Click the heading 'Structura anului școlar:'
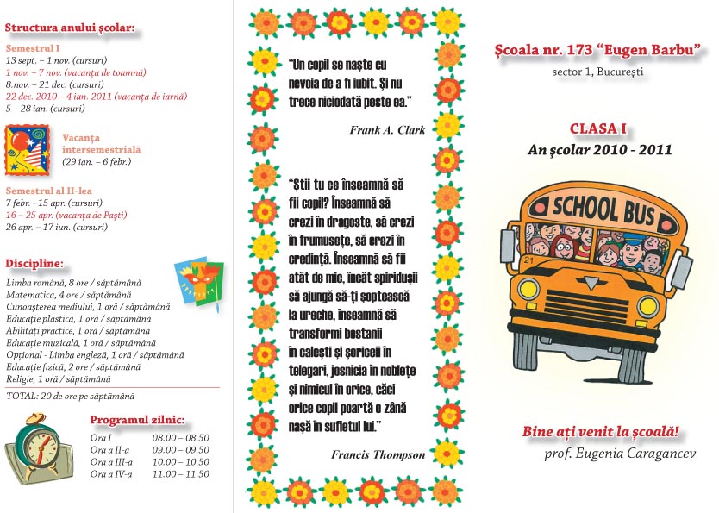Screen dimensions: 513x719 pos(70,28)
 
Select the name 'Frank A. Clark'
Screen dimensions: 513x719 pos(387,130)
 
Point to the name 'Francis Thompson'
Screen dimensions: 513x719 pos(378,454)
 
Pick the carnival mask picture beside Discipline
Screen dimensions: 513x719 pos(199,281)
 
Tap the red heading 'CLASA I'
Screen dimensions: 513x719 pos(597,128)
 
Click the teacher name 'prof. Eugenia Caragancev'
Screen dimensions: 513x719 pos(619,453)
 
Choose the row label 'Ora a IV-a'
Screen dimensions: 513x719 pos(110,473)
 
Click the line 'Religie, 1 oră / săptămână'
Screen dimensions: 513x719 pos(58,378)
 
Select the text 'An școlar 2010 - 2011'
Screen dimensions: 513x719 pos(599,149)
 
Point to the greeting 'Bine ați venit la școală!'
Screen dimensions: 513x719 pos(601,430)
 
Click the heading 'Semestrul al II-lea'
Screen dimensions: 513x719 pos(48,190)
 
